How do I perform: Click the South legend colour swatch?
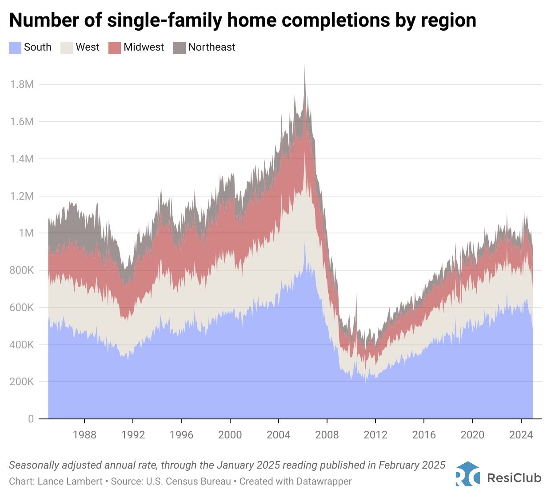[x=15, y=47]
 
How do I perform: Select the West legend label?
[x=88, y=47]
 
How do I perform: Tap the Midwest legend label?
[x=144, y=47]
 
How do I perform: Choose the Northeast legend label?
[x=212, y=47]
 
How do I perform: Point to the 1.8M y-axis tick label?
[x=22, y=84]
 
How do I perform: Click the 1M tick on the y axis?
[x=26, y=233]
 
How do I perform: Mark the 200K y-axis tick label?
[x=22, y=382]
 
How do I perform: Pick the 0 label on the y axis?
[x=31, y=419]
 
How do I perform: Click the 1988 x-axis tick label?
[x=84, y=435]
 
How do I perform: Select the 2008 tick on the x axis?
[x=327, y=435]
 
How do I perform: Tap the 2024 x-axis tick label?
[x=521, y=435]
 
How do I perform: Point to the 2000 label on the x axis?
[x=230, y=435]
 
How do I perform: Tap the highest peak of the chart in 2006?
[x=304, y=67]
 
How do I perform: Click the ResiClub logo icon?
[x=467, y=474]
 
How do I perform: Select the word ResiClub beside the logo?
[x=514, y=478]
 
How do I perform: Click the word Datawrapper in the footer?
[x=324, y=481]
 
